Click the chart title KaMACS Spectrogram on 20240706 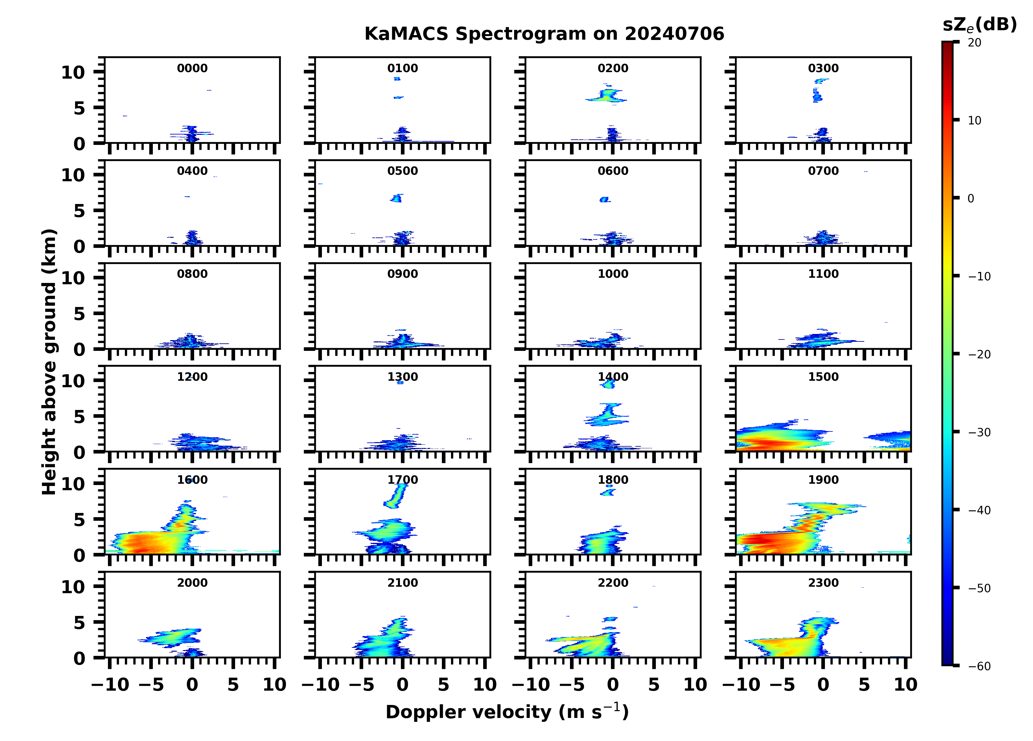[544, 34]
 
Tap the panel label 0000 [192, 68]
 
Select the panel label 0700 [823, 171]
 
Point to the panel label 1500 [823, 377]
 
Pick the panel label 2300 [823, 582]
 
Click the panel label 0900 [403, 274]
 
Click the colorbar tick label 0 [971, 198]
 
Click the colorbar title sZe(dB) [979, 25]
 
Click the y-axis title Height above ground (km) [49, 362]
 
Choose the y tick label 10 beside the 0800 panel [73, 278]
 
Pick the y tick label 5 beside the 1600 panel [79, 520]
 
